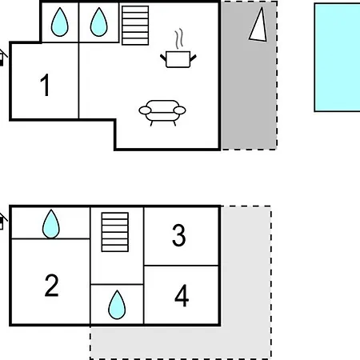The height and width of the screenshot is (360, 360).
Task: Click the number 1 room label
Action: (45, 85)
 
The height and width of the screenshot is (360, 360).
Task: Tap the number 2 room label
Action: (51, 286)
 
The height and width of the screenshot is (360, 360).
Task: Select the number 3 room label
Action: (178, 235)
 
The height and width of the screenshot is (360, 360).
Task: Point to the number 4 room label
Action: (182, 296)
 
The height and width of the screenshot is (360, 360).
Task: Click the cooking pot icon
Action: (178, 59)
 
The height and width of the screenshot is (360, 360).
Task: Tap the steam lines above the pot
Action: (179, 38)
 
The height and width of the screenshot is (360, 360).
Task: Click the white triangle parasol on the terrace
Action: (258, 25)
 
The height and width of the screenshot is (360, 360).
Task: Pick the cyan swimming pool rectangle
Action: (337, 58)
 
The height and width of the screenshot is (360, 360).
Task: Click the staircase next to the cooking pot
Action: (135, 26)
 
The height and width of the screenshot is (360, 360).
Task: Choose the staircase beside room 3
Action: (115, 232)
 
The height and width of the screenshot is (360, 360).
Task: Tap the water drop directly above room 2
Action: (51, 224)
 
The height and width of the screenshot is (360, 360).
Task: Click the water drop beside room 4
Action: (117, 305)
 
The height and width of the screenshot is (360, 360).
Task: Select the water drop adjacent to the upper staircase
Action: (99, 22)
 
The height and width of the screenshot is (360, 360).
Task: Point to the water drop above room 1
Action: (59, 22)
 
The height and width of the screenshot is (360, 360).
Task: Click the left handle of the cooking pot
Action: (163, 58)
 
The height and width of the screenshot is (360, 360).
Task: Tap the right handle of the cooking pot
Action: (193, 58)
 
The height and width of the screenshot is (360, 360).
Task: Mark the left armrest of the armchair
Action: (145, 110)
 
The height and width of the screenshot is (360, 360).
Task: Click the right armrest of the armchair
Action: (179, 110)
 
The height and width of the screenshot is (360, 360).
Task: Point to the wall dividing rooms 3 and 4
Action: (182, 266)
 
